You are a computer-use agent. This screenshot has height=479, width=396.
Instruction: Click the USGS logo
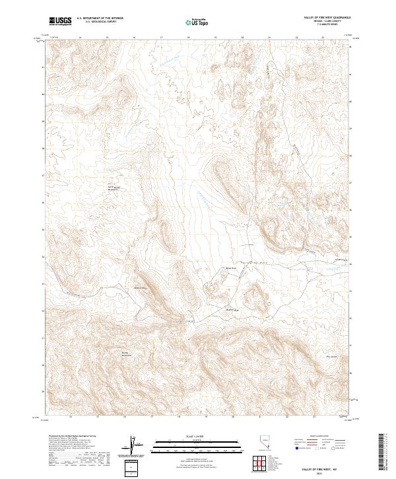pyautogui.click(x=60, y=21)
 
